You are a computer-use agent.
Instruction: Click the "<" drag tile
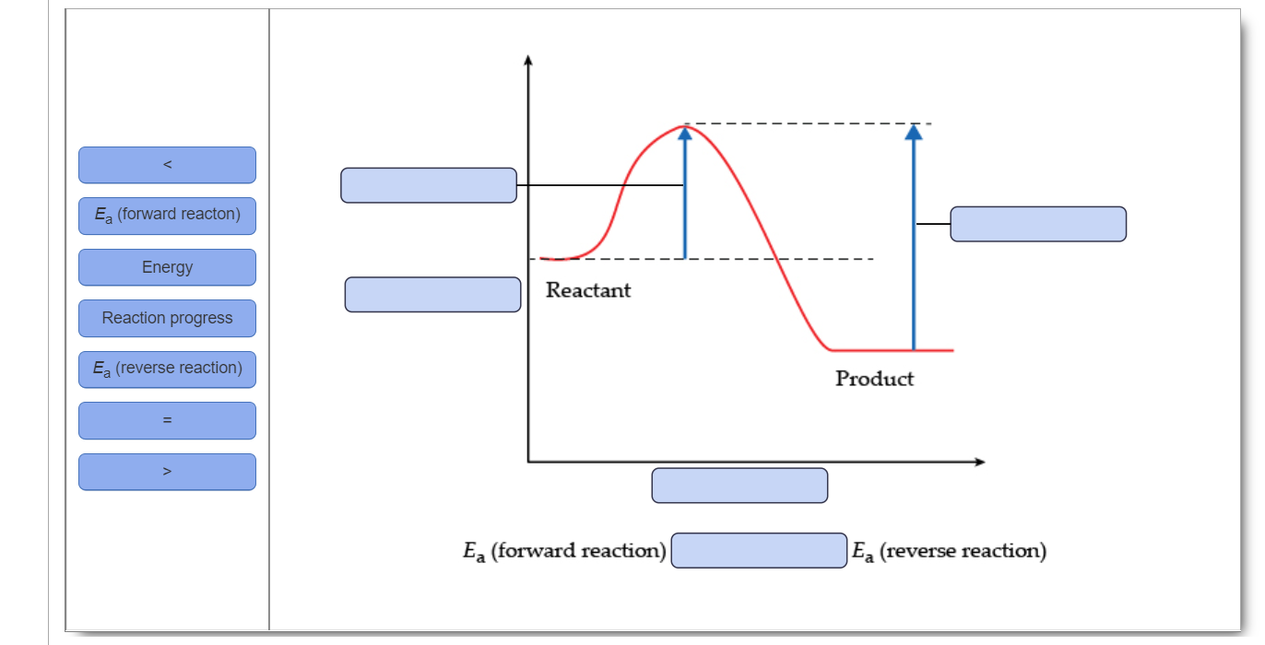167,165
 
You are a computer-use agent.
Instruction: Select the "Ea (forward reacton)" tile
167,216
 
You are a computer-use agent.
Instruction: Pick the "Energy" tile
167,267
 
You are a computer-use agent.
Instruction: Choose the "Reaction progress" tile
167,318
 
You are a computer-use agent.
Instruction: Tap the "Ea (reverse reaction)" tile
167,369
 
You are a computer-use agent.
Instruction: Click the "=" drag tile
167,420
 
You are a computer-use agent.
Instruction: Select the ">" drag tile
167,471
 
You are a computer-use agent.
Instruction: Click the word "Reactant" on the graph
588,290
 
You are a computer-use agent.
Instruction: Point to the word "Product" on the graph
874,379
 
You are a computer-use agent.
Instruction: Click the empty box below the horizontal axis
739,486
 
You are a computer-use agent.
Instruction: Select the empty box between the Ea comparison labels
759,550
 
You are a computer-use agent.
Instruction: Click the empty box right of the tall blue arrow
1037,224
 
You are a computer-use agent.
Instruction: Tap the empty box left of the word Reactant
432,294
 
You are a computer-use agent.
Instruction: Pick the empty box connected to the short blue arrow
429,185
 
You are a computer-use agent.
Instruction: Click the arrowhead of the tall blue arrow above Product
913,132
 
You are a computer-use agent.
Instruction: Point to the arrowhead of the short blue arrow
684,134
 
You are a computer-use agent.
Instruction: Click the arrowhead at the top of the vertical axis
528,61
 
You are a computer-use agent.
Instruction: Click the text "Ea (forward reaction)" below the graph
564,551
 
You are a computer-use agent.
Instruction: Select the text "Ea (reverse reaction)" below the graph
949,551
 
